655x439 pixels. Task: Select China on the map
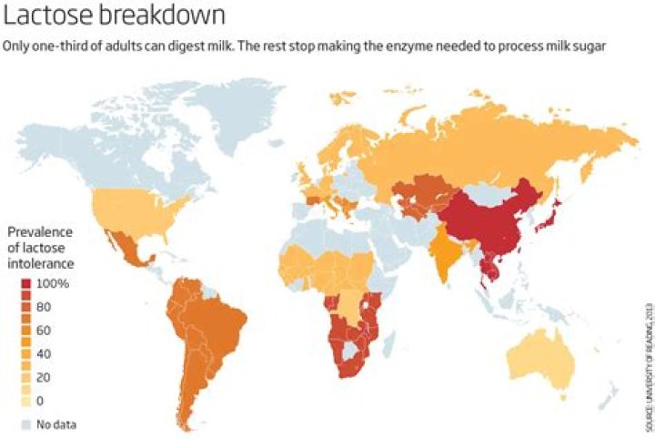[x=491, y=223]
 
